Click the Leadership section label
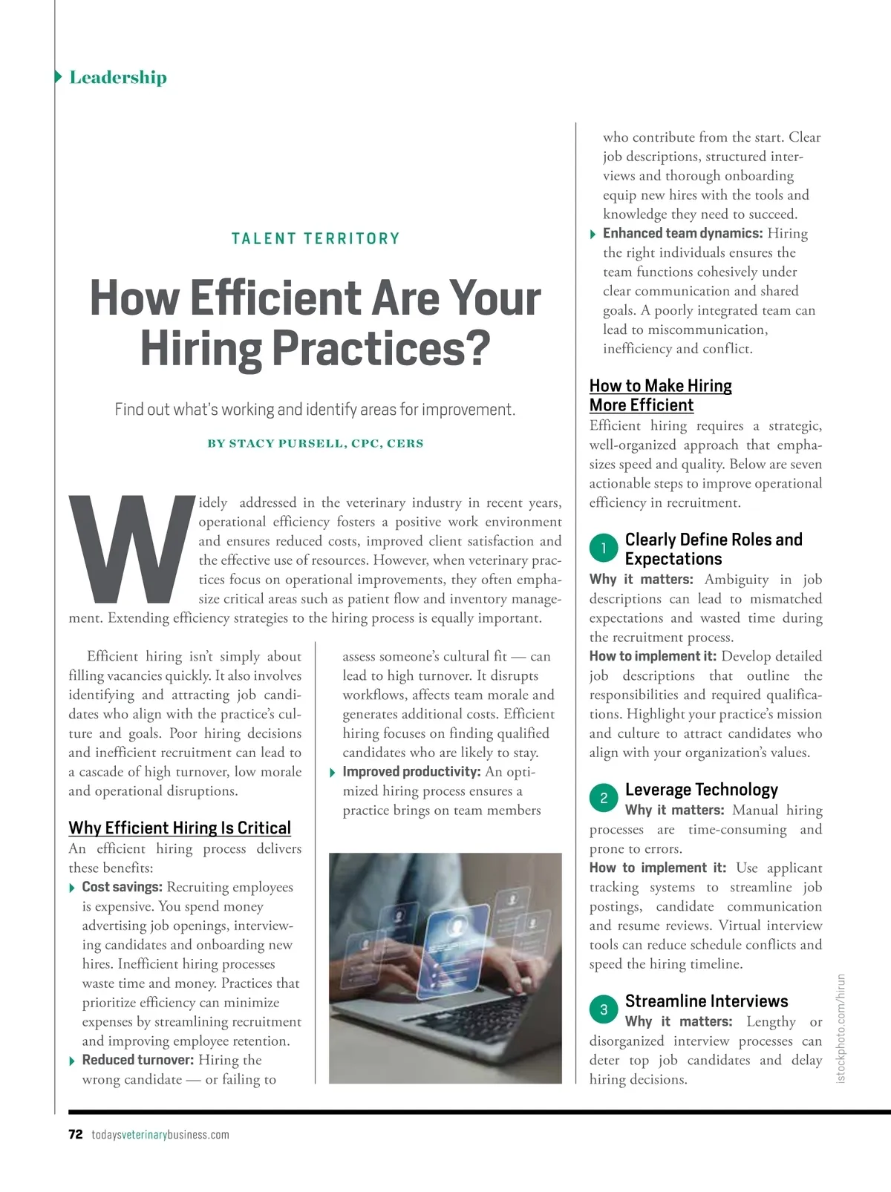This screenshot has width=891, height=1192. pos(117,77)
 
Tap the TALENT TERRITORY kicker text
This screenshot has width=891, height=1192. pos(316,239)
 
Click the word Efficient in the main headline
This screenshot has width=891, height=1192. pos(275,298)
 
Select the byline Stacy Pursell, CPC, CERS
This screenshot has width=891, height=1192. pos(316,444)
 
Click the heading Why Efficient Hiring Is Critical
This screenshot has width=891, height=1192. pos(180,828)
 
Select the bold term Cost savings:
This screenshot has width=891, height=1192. pos(122,887)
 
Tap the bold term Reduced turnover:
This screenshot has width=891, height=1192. pos(137,1060)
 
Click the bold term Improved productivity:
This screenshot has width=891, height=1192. pos(411,772)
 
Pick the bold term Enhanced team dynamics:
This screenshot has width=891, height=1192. pos(682,233)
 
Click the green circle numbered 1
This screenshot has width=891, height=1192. pos(604,548)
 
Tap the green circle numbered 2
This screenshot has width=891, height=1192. pos(604,798)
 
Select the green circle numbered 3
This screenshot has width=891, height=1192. pos(604,1009)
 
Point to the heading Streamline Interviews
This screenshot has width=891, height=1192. pos(706,1001)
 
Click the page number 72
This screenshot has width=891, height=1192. pos(75,1135)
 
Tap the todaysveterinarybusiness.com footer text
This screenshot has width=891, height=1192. pos(160,1135)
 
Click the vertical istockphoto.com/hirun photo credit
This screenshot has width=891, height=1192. pos(841,1028)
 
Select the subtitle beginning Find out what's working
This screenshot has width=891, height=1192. pos(315,410)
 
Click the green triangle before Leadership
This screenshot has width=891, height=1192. pos(59,77)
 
